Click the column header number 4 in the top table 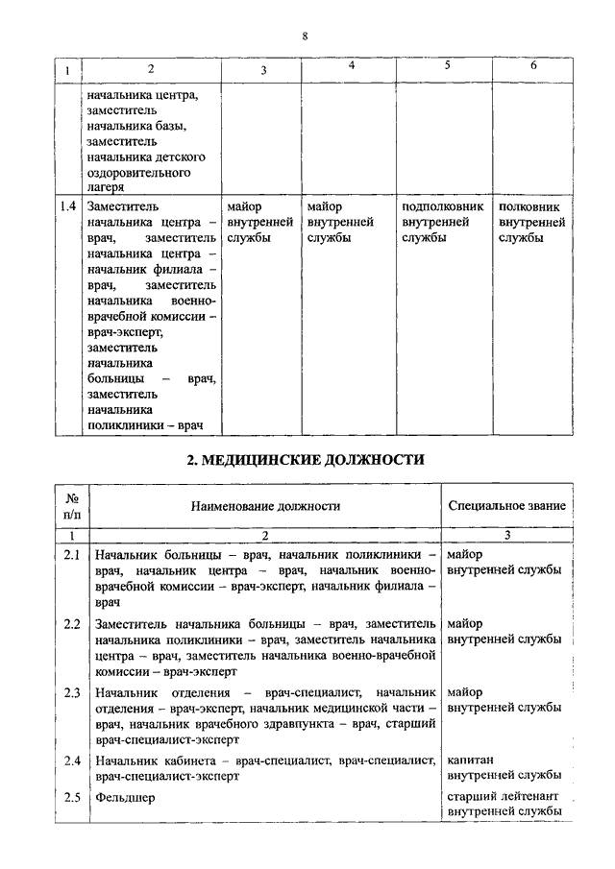coord(351,65)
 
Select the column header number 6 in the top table coord(534,65)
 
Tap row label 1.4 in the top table coord(67,206)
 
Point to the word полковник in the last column coord(529,206)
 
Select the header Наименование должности coord(265,505)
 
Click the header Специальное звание coord(507,505)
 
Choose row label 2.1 coord(71,555)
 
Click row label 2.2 coord(71,624)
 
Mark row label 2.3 coord(71,692)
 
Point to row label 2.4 coord(71,761)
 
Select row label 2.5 coord(71,797)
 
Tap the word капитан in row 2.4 coord(471,760)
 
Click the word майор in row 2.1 coord(465,554)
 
